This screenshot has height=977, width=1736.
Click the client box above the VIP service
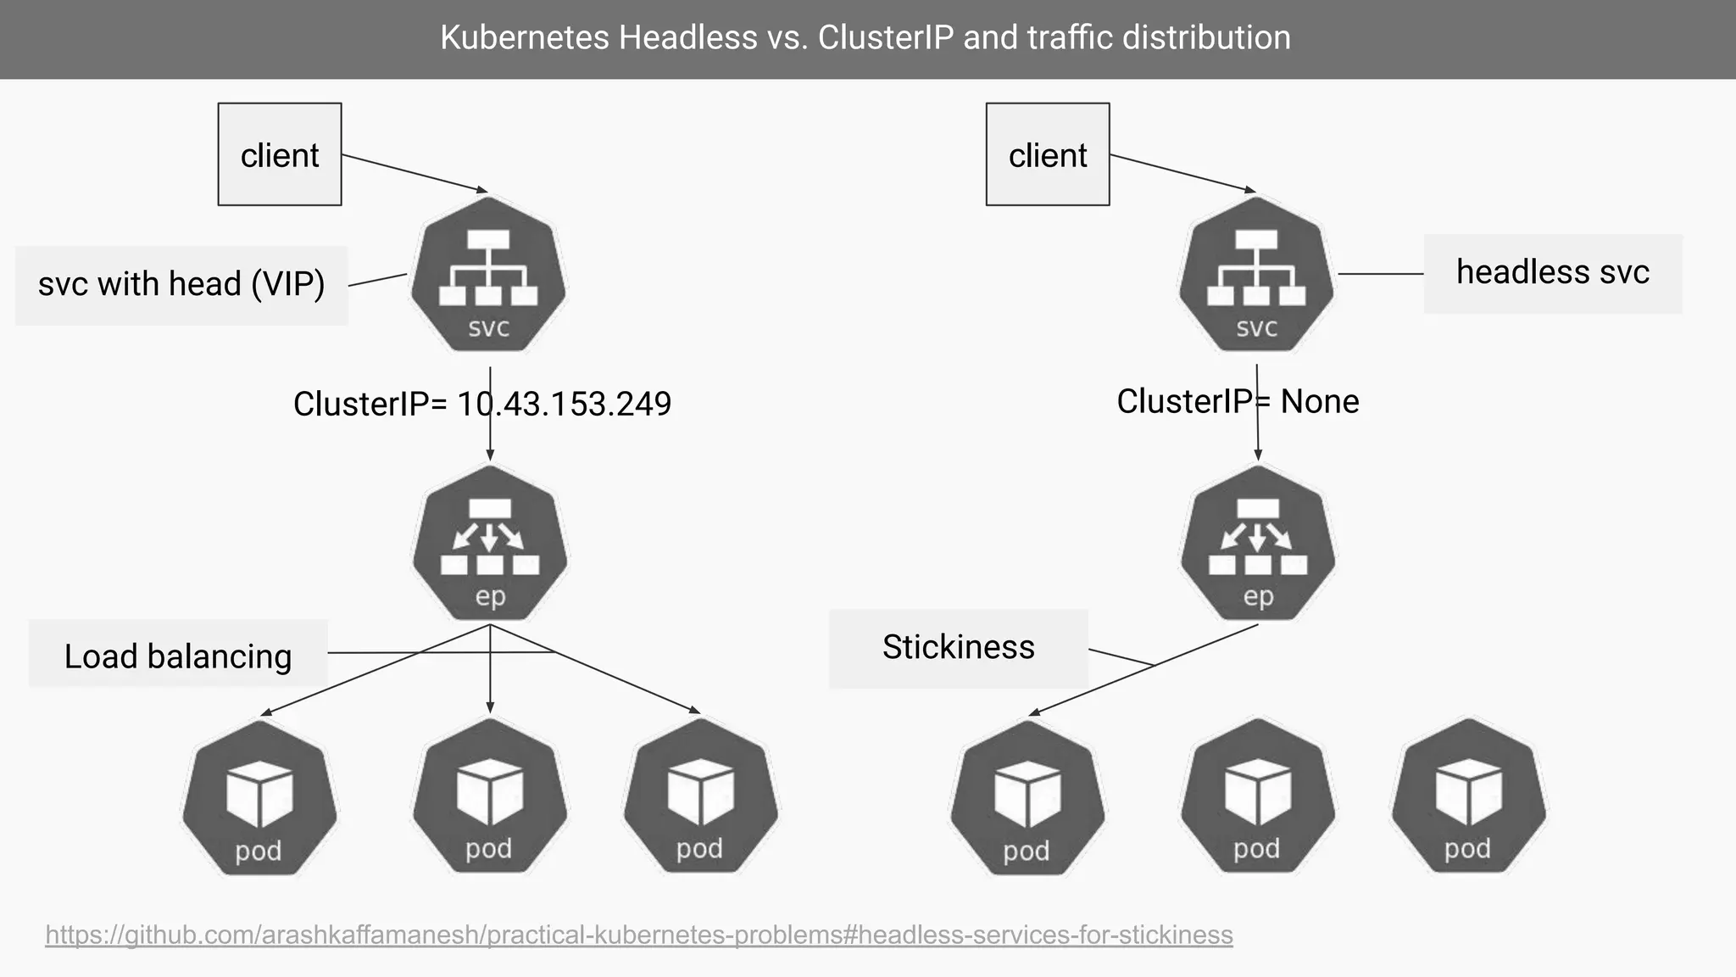click(x=280, y=154)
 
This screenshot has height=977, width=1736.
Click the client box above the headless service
click(x=1048, y=154)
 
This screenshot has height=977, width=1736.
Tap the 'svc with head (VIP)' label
click(x=181, y=284)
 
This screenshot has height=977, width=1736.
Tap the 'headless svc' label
click(x=1553, y=272)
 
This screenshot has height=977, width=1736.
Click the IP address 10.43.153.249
click(x=564, y=404)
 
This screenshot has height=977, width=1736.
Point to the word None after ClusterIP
click(x=1320, y=401)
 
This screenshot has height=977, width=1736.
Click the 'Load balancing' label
click(x=178, y=656)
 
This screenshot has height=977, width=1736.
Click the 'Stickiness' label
click(x=958, y=647)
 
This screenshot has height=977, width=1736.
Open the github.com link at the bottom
click(x=639, y=935)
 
